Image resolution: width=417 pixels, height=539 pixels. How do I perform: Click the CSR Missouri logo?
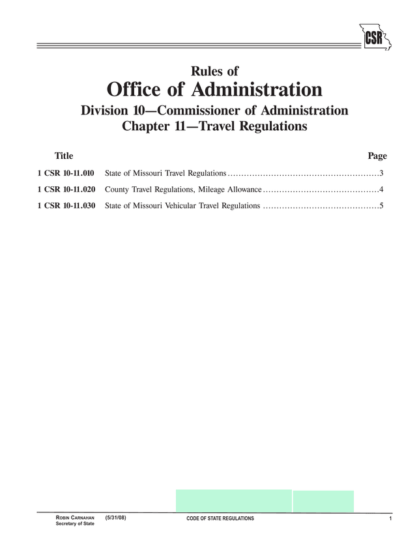(373, 36)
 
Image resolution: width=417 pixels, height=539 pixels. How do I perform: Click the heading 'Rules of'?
(214, 71)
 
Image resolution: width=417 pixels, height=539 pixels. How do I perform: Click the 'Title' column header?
(64, 156)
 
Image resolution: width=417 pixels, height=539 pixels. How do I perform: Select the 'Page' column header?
(377, 156)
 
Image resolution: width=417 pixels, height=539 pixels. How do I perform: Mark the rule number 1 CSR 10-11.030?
(66, 206)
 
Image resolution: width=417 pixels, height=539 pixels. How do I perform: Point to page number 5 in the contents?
(381, 206)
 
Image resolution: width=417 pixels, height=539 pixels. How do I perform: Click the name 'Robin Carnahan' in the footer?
(75, 518)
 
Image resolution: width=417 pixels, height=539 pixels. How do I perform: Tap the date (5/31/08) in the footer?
(115, 518)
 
